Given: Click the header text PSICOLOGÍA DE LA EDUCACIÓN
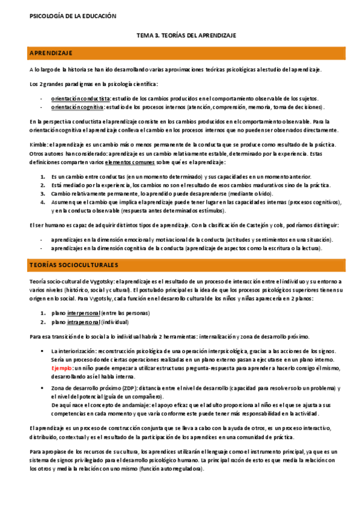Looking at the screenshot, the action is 64,16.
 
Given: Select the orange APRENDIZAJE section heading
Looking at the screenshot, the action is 51,54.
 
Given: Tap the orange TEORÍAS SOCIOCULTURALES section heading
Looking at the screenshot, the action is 74,265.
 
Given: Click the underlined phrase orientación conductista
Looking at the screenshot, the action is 80,98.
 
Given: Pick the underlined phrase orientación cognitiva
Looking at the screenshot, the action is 77,107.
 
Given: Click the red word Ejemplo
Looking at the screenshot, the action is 62,366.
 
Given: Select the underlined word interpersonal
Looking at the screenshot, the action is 84,313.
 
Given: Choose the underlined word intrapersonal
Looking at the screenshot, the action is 84,322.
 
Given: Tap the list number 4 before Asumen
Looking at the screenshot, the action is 43,203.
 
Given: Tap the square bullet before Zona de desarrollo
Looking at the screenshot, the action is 42,389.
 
